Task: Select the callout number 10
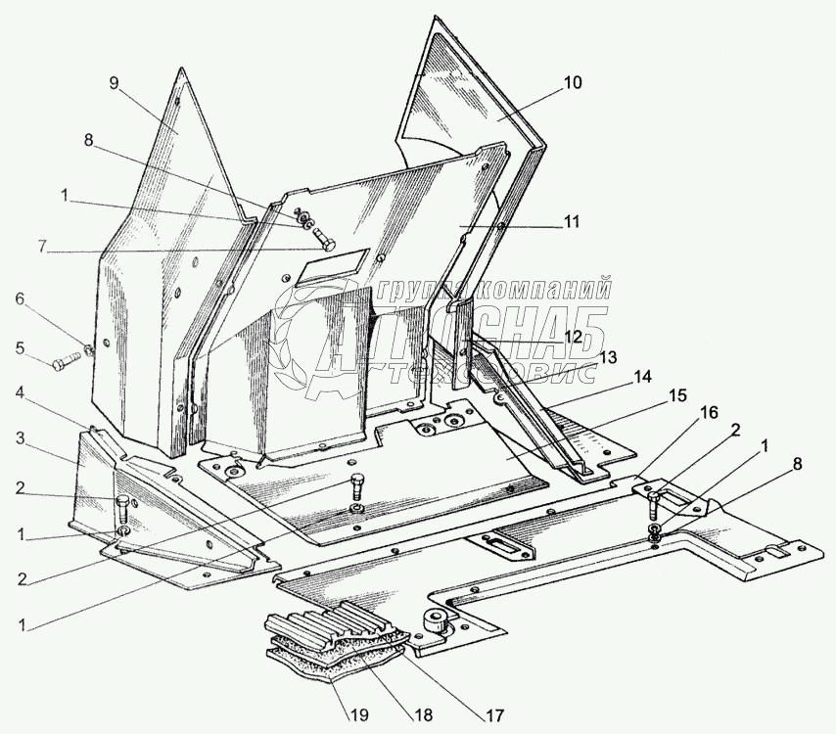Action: point(572,83)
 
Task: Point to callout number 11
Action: point(572,222)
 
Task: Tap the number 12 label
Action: point(573,336)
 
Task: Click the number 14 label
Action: point(641,376)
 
